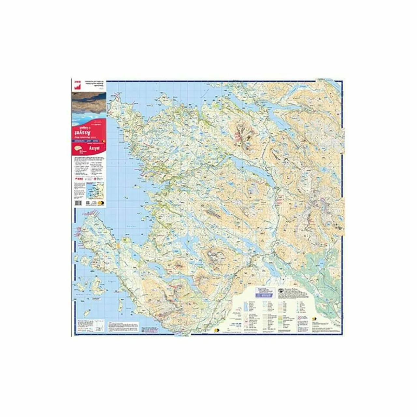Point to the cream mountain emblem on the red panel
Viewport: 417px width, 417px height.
tap(79, 149)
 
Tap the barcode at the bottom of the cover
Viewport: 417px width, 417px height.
tap(78, 203)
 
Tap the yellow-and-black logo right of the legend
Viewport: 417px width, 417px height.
tap(315, 319)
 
